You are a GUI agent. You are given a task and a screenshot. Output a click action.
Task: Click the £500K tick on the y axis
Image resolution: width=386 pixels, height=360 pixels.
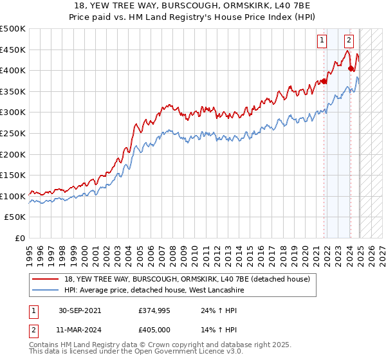pyautogui.click(x=13, y=29)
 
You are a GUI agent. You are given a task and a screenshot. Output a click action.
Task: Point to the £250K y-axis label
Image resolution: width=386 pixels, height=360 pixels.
pyautogui.click(x=13, y=133)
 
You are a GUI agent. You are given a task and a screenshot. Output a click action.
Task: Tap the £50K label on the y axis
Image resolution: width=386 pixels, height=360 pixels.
pyautogui.click(x=15, y=217)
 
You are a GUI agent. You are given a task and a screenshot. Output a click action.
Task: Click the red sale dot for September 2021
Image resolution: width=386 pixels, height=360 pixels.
pyautogui.click(x=325, y=82)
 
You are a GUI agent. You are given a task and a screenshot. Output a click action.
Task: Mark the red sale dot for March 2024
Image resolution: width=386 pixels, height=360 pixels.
pyautogui.click(x=351, y=69)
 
